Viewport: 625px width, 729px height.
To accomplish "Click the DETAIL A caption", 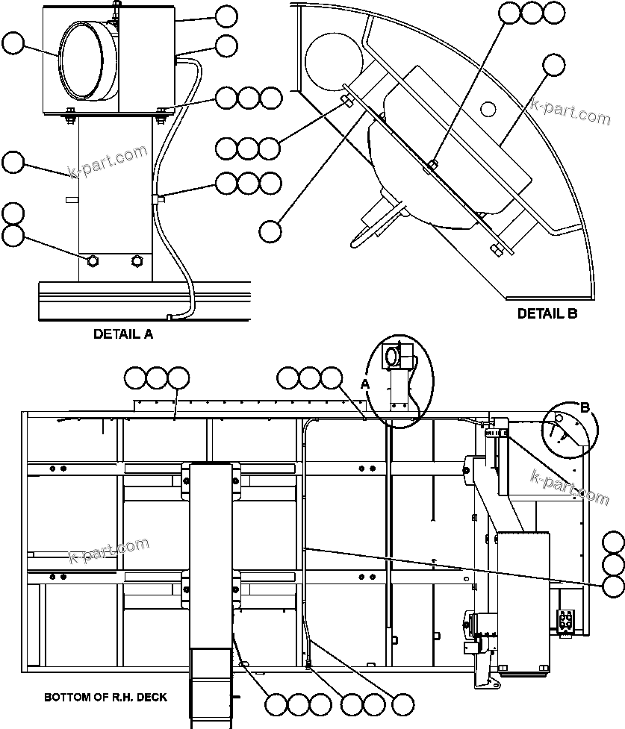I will point(122,334).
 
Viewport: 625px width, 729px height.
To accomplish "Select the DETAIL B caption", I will point(547,313).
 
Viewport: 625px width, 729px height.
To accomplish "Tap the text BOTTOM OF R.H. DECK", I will point(105,698).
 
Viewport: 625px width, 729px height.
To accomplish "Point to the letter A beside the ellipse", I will point(365,384).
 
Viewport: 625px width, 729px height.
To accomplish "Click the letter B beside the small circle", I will point(585,407).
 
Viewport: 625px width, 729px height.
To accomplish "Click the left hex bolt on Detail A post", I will point(93,260).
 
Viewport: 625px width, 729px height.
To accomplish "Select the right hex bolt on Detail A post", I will point(137,260).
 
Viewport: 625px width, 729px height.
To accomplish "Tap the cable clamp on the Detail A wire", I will point(157,198).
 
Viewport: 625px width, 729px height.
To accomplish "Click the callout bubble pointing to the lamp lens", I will point(13,44).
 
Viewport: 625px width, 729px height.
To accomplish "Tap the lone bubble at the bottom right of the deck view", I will point(403,704).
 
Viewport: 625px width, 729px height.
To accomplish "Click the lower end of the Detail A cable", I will point(171,317).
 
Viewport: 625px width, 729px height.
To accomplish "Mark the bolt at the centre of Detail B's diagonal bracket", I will point(434,164).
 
